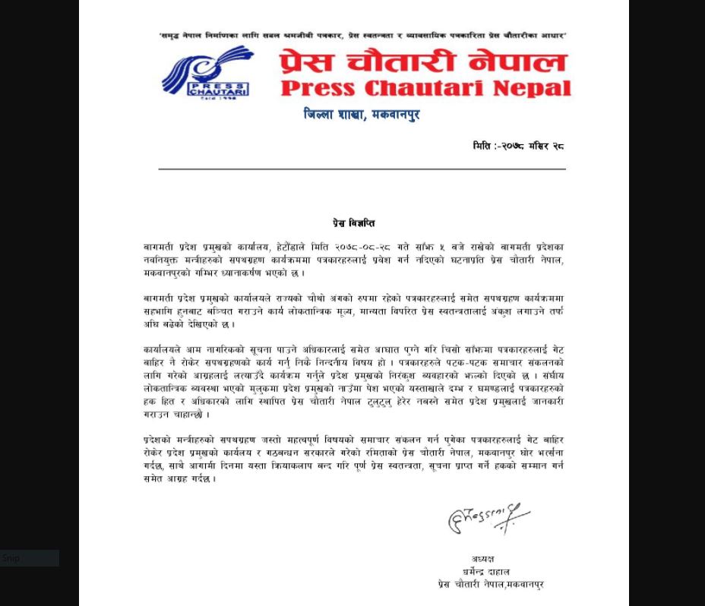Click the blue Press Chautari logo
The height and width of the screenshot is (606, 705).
[206, 71]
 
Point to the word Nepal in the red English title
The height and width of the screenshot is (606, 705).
[532, 88]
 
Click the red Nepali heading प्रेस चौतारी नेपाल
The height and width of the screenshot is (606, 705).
[423, 62]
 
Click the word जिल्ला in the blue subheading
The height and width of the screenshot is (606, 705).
[320, 115]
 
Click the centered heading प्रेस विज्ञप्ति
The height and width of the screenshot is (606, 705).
[353, 223]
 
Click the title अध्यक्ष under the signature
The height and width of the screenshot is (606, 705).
[483, 559]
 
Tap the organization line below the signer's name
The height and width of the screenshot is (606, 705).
[490, 584]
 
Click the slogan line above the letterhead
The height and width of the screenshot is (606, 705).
[362, 36]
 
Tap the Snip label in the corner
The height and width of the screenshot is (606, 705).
[11, 558]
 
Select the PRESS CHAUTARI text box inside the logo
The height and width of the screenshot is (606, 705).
[217, 88]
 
